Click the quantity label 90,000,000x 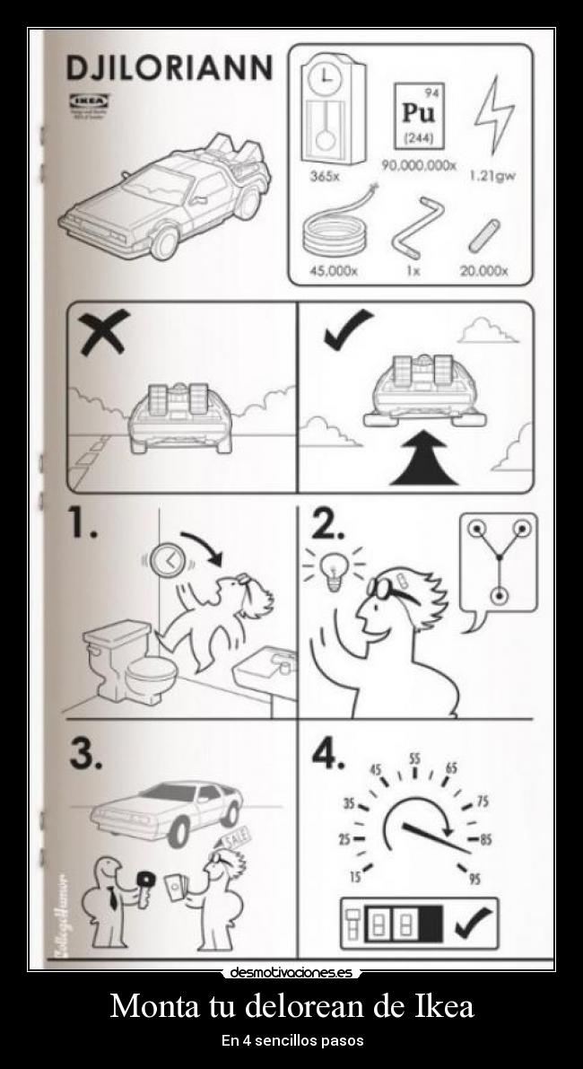pos(419,166)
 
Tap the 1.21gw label pos(492,176)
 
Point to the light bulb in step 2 pos(335,571)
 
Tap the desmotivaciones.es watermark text pos(291,972)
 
